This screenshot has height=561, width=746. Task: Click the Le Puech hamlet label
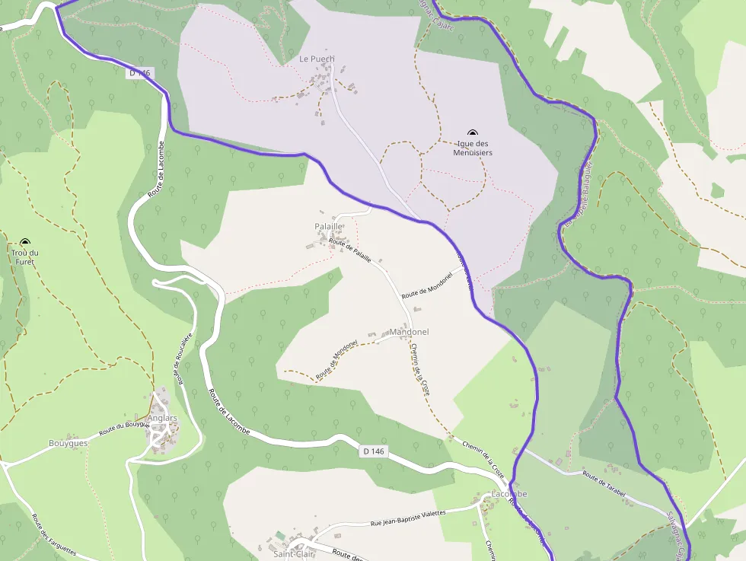317,59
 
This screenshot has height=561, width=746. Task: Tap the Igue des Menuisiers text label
473,148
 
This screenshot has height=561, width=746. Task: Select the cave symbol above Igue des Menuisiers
472,133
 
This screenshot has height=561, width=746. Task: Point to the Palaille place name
329,227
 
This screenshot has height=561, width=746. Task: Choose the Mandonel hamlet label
409,332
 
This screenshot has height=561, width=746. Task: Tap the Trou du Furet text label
25,257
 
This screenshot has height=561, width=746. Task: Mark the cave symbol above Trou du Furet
25,242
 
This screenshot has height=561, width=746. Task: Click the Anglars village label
162,418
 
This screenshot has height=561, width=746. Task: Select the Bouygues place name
69,443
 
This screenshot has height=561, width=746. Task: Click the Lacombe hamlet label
509,494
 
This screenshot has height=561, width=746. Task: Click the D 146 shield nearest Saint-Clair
374,451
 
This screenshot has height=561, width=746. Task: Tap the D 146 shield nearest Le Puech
140,73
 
